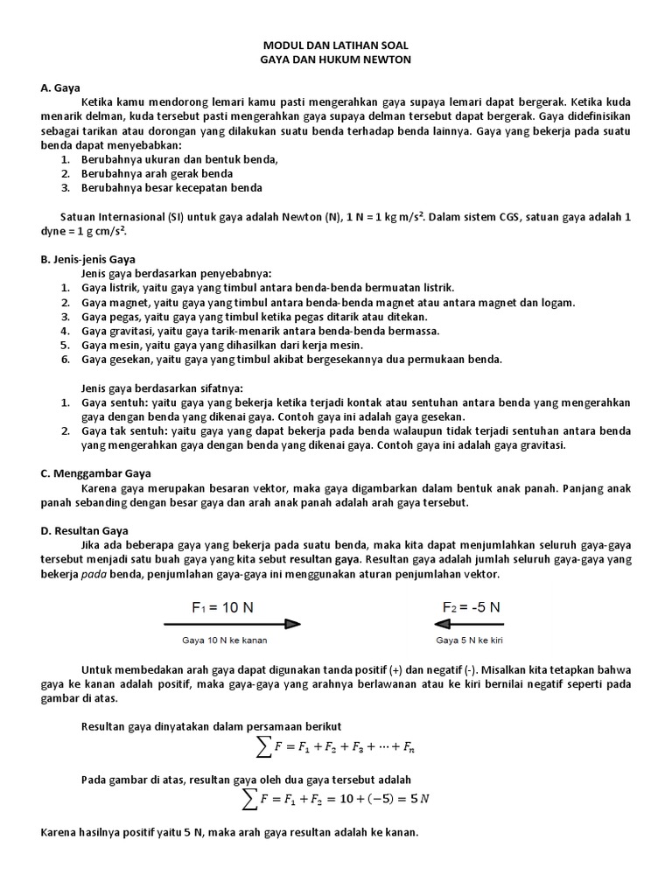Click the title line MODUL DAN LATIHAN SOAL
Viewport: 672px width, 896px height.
(335, 44)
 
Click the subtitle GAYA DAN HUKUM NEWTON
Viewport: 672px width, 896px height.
(335, 59)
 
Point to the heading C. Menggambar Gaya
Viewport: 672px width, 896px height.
(94, 473)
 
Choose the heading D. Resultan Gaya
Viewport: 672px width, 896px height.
(85, 530)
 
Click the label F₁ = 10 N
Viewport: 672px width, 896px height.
(223, 606)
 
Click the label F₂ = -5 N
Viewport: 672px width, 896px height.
(471, 606)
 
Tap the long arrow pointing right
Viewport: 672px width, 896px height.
(232, 624)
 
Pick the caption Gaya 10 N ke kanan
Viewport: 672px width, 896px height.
(224, 640)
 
